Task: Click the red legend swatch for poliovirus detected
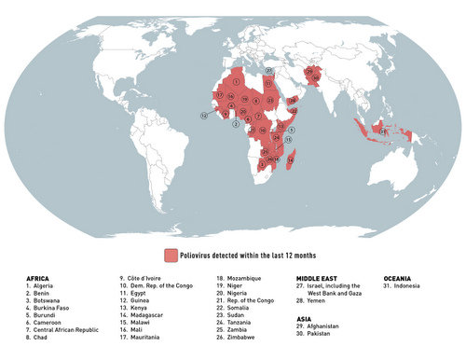[x=171, y=255]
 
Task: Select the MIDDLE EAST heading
[x=320, y=278]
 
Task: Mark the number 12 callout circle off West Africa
[x=203, y=115]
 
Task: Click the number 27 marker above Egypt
[x=268, y=70]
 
